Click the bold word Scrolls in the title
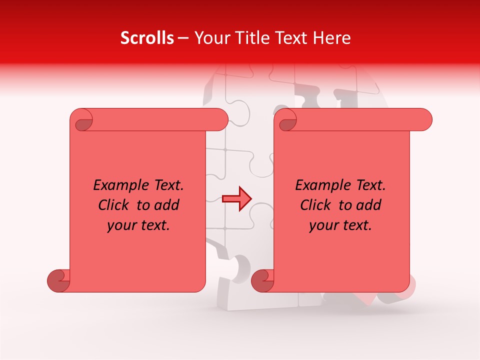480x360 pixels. click(147, 38)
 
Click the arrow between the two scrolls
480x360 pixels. click(236, 198)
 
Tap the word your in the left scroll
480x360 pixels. click(121, 225)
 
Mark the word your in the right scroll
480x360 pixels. click(323, 225)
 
